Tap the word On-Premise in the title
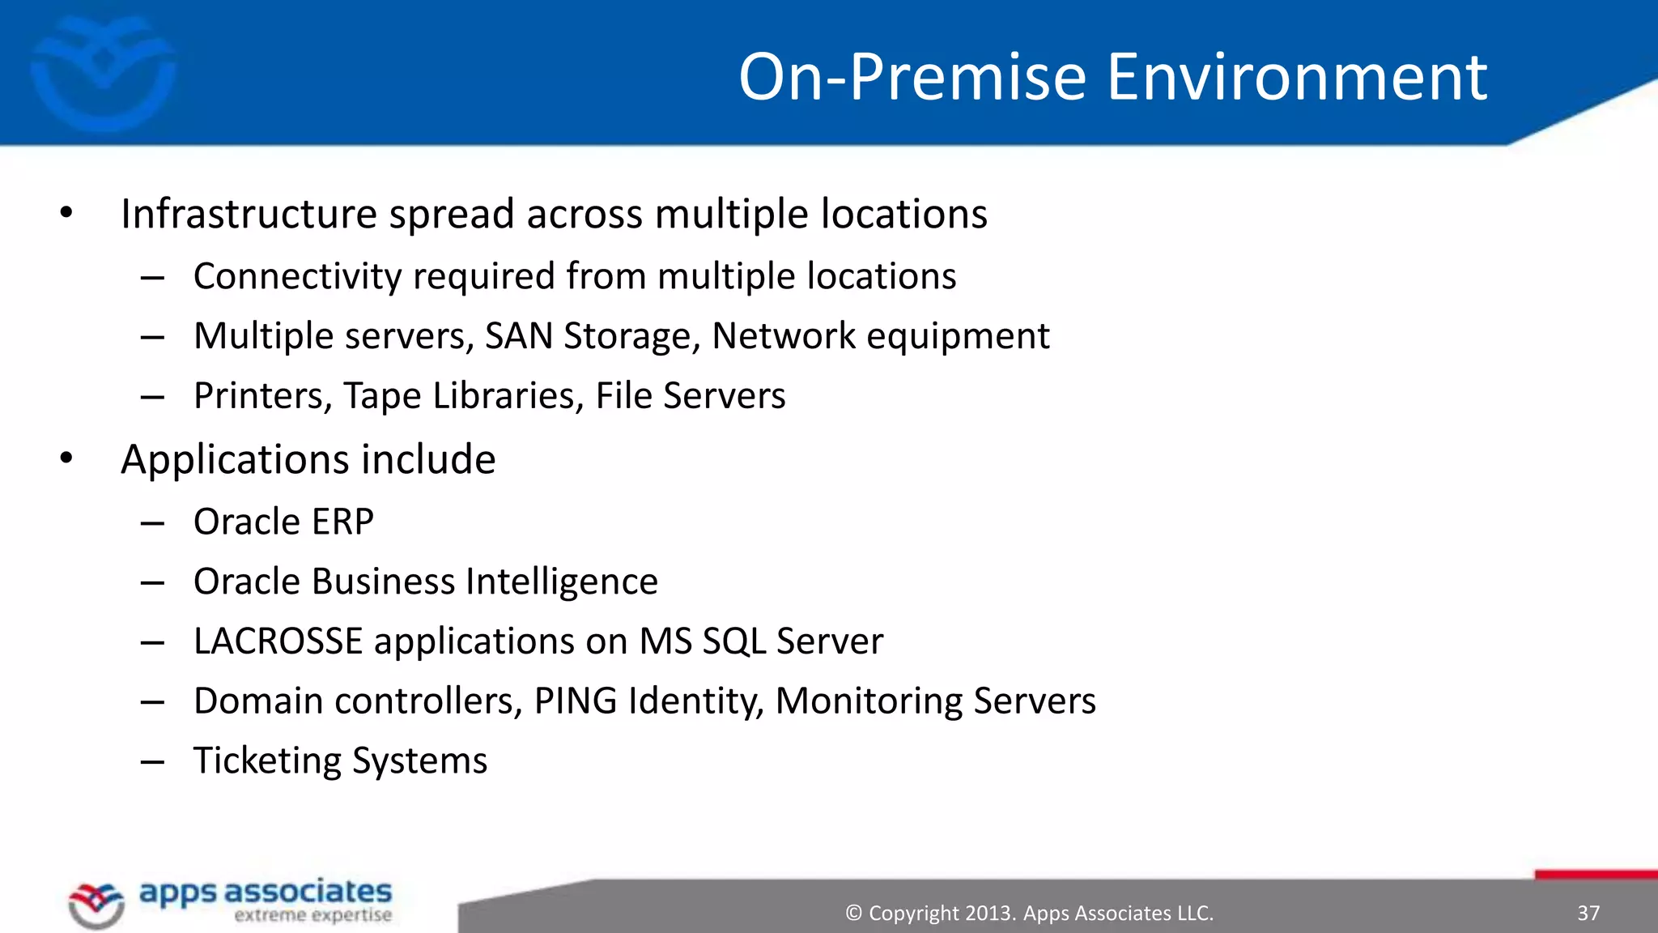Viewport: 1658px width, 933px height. (x=912, y=77)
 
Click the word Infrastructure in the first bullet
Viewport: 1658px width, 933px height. (x=249, y=214)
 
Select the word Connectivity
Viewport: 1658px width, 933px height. (x=297, y=276)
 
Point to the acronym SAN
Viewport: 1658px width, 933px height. (x=518, y=336)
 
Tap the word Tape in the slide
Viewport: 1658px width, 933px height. (x=382, y=396)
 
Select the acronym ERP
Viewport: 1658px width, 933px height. (x=342, y=522)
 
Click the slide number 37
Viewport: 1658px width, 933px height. (x=1588, y=914)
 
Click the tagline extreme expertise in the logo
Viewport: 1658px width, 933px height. (x=312, y=915)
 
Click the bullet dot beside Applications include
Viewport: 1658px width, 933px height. (x=66, y=458)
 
